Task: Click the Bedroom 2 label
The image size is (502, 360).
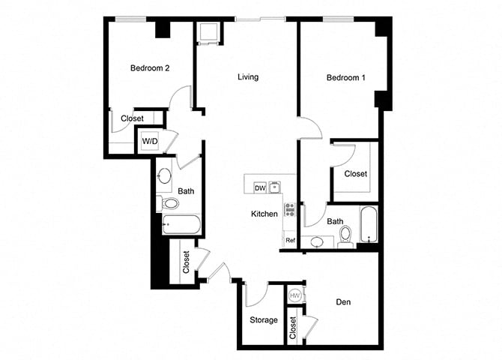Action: pos(150,68)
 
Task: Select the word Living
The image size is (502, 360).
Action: pos(248,77)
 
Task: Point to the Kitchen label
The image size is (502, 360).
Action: pos(264,214)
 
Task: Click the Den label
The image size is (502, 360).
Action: pos(344,303)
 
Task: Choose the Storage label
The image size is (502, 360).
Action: pos(264,320)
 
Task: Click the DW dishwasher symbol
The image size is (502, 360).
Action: pos(260,187)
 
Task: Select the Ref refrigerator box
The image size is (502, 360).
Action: pos(290,240)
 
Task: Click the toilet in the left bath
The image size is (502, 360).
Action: pos(170,202)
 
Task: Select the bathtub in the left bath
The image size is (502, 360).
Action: pos(181,224)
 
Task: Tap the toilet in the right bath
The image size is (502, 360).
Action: pos(345,235)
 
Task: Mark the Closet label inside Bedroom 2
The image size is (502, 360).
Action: pos(132,118)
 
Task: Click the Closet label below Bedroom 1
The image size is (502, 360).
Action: pos(356,174)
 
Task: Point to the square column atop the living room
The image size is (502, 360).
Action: pos(206,31)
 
